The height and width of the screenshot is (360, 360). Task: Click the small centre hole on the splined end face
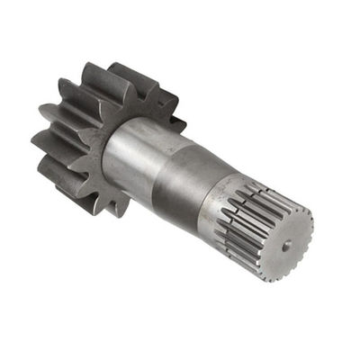[285, 244]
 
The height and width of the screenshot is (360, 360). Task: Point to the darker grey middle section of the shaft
[184, 184]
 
